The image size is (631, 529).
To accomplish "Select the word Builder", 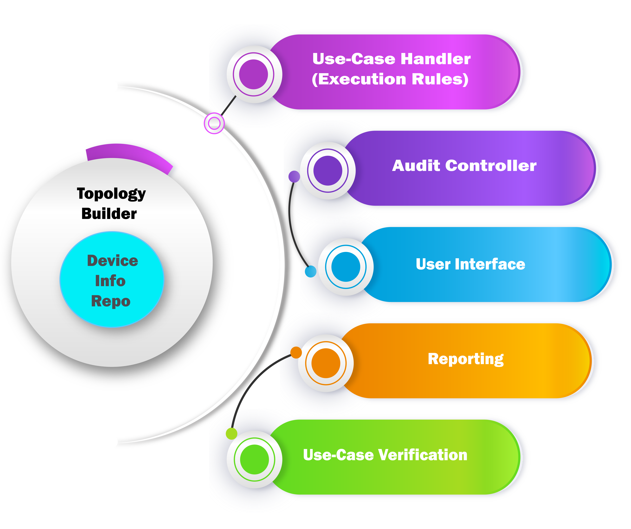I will click(109, 214).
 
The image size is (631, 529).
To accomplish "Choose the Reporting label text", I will click(466, 359).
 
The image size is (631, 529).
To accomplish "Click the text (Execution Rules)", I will click(390, 79).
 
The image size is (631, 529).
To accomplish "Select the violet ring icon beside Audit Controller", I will click(328, 171).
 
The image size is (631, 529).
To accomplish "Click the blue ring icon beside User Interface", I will click(346, 267).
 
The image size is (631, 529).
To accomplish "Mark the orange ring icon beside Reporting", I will click(326, 363).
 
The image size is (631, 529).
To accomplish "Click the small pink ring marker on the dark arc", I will click(214, 123).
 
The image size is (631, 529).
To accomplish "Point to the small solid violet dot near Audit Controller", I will click(294, 177).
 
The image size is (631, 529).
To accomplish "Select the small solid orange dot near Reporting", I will click(296, 352).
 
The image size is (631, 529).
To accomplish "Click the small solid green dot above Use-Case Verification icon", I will click(231, 434).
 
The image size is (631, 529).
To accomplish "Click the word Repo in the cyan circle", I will click(111, 301).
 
